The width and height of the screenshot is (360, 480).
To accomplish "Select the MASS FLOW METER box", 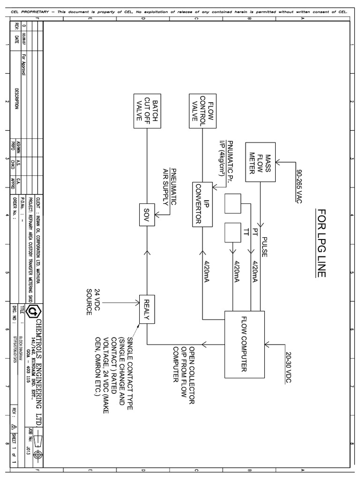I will (259, 162).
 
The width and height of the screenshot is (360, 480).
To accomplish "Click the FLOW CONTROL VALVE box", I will (202, 111).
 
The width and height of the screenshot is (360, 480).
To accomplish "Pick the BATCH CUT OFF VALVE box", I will (146, 111).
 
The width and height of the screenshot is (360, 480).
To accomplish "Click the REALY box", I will (146, 309).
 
